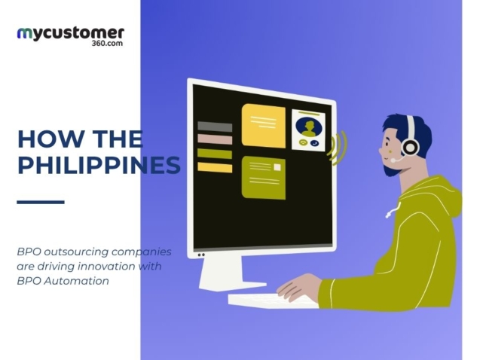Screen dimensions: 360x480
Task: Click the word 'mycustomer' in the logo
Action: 70,33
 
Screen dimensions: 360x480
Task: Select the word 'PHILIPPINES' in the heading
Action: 98,165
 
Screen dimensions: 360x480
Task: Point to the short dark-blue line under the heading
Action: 40,202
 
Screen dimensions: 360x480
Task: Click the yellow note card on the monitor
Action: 263,126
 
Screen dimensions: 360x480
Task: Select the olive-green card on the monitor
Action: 263,178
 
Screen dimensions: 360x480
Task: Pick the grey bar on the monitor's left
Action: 214,127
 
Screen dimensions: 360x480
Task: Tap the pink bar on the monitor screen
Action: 214,139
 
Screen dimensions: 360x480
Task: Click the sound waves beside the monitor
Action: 336,148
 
